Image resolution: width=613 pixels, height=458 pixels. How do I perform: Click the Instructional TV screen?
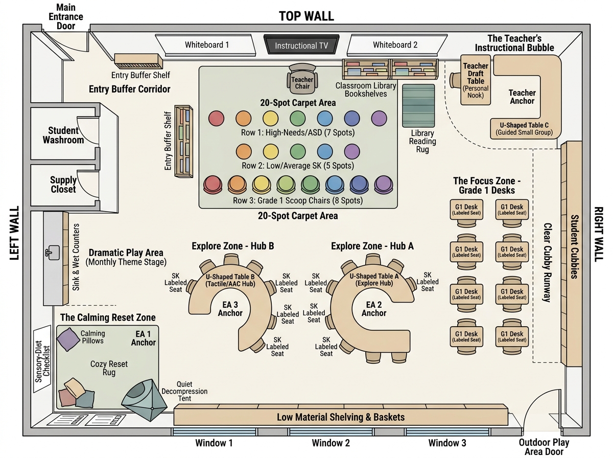(x=301, y=44)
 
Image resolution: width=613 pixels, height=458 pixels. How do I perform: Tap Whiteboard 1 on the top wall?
(x=205, y=44)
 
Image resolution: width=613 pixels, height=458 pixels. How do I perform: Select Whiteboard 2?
(x=396, y=44)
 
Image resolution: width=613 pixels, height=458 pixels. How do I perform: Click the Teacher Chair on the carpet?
(x=302, y=80)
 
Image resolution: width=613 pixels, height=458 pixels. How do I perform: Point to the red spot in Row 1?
(x=216, y=118)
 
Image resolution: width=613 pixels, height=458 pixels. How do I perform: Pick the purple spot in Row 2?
(x=352, y=151)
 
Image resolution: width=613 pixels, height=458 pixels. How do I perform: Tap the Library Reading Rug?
(x=418, y=106)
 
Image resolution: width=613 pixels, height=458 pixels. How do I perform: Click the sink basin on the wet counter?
(x=53, y=253)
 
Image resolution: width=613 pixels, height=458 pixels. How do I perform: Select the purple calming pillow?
(x=68, y=339)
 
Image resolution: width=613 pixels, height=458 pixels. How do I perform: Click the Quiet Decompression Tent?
(x=145, y=400)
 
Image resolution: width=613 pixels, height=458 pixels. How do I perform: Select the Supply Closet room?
(x=63, y=185)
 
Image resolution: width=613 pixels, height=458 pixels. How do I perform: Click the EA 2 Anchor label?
(x=373, y=309)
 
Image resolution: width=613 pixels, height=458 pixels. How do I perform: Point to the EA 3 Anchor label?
(x=230, y=309)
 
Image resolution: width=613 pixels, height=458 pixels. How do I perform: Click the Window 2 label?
(x=331, y=443)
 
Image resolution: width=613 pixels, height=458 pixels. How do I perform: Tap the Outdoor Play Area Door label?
(x=544, y=447)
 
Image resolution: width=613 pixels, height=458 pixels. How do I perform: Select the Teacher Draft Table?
(x=475, y=80)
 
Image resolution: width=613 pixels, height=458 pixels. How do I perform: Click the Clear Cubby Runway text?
(x=547, y=262)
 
